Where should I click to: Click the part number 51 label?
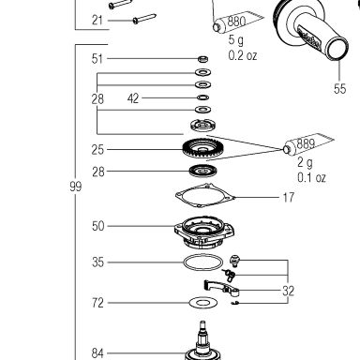pyautogui.click(x=97, y=58)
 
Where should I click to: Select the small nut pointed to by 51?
pyautogui.click(x=203, y=58)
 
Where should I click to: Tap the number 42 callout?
pyautogui.click(x=133, y=98)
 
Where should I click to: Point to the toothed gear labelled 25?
pyautogui.click(x=202, y=148)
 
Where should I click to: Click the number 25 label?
pyautogui.click(x=97, y=149)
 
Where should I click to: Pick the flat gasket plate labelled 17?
pyautogui.click(x=205, y=195)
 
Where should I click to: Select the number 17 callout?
pyautogui.click(x=289, y=197)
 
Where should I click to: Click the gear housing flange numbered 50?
pyautogui.click(x=204, y=232)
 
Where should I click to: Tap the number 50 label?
pyautogui.click(x=97, y=226)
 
